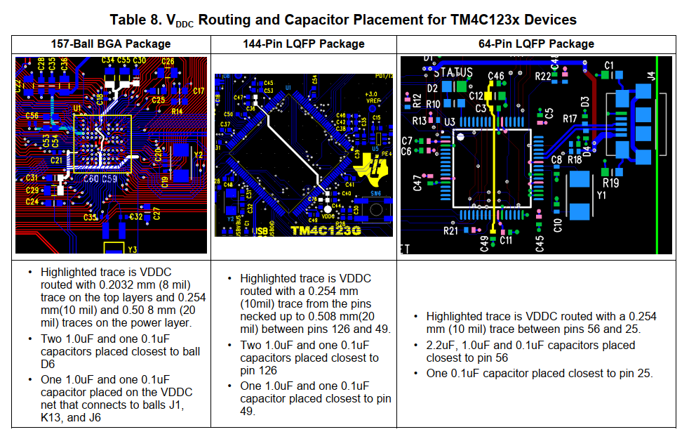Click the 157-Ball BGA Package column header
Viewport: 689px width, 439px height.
tap(111, 44)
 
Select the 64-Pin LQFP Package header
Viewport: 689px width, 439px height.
tap(536, 44)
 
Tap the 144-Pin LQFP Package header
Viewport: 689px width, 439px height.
tap(304, 44)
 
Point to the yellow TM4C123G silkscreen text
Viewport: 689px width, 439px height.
tap(325, 230)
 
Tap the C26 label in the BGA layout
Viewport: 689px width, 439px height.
tap(168, 62)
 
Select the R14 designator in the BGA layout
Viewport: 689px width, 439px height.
tap(177, 111)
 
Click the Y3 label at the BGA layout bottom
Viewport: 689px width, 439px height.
tap(132, 249)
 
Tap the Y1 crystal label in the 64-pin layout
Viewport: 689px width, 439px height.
tap(601, 195)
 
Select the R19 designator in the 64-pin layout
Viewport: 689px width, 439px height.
tap(610, 183)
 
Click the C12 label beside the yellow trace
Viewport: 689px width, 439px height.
tap(476, 96)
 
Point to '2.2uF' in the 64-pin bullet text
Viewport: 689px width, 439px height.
tap(439, 345)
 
